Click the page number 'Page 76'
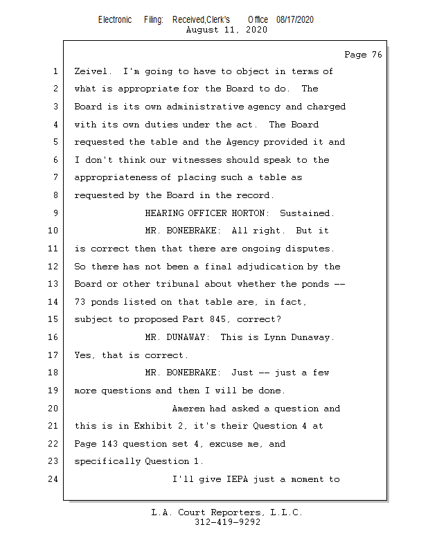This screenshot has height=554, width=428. click(363, 55)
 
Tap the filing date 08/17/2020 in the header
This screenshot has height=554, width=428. click(294, 20)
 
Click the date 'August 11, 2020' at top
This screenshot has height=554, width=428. click(226, 30)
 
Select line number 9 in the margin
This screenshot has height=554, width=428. click(55, 213)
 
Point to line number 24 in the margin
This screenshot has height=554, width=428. click(53, 479)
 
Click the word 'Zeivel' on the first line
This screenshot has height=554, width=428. click(93, 71)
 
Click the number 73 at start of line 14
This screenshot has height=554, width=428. click(80, 302)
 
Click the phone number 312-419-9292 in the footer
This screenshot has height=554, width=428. click(226, 522)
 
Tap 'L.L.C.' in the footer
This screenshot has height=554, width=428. click(283, 513)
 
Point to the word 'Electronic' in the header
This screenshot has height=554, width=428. click(115, 20)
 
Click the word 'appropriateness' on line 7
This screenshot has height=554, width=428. click(115, 178)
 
